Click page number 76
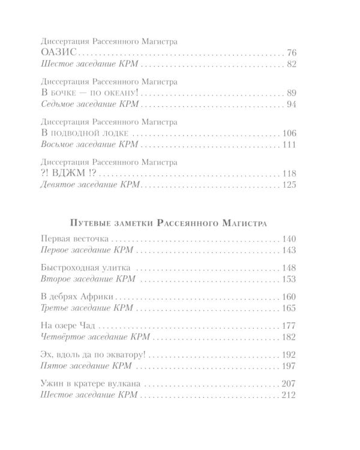(x=292, y=53)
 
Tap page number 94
(x=292, y=104)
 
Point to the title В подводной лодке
(x=83, y=133)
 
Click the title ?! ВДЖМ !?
(x=68, y=173)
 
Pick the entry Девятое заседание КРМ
(x=88, y=185)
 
